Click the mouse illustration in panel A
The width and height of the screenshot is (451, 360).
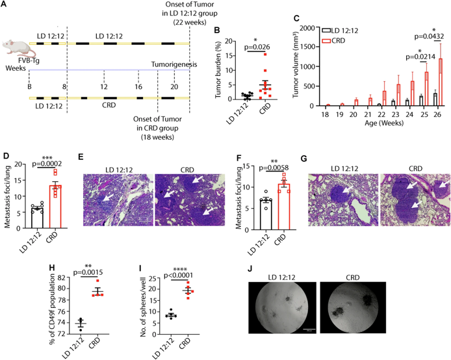click(x=14, y=47)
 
